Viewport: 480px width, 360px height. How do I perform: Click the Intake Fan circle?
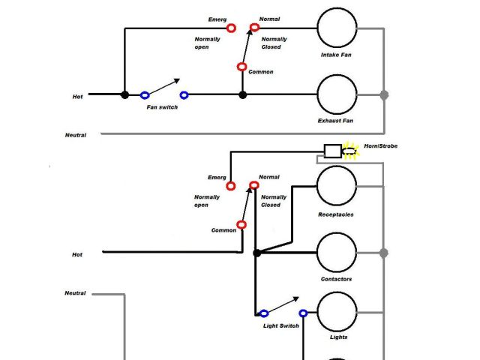coord(337,28)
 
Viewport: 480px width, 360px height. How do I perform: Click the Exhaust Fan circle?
coord(337,95)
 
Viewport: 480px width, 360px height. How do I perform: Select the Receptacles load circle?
coord(337,186)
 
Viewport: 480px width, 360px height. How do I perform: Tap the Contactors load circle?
coord(337,253)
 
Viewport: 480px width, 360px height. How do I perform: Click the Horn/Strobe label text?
coord(380,146)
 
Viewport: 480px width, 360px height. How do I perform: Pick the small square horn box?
coord(332,151)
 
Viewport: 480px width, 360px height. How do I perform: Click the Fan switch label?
coord(162,107)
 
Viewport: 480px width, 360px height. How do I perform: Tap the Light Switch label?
coord(280,325)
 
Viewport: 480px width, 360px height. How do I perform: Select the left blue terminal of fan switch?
coord(145,95)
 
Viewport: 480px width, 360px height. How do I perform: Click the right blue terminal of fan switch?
coord(184,95)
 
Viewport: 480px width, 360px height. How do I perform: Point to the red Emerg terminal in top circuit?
coord(231,28)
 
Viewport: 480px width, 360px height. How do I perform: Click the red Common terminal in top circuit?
coord(241,67)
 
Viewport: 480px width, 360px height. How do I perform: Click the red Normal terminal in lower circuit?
coord(254,185)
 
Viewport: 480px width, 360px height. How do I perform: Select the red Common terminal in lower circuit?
coord(241,224)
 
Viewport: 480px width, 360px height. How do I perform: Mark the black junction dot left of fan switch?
coord(124,95)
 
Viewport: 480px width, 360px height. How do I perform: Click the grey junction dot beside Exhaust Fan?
coord(384,95)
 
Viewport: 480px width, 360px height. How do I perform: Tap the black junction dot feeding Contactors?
coord(256,253)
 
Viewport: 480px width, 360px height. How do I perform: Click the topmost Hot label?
coord(77,96)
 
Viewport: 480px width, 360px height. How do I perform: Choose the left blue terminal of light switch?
coord(263,313)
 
